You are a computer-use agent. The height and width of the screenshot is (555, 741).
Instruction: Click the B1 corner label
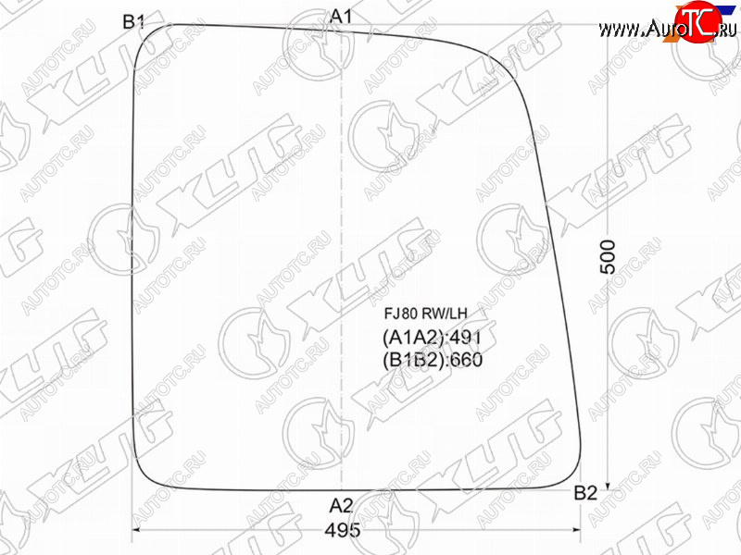tap(133, 21)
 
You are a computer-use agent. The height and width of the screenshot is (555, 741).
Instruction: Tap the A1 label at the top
tap(341, 17)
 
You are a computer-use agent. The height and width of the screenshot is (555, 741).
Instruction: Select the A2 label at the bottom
tap(341, 506)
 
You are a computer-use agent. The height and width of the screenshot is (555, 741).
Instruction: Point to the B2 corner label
tap(585, 493)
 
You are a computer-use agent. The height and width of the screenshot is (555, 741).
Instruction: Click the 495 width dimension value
tap(343, 530)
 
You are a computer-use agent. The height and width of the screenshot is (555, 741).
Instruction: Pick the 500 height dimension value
tap(609, 257)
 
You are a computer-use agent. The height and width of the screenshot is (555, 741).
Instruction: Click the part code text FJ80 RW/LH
tap(425, 313)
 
